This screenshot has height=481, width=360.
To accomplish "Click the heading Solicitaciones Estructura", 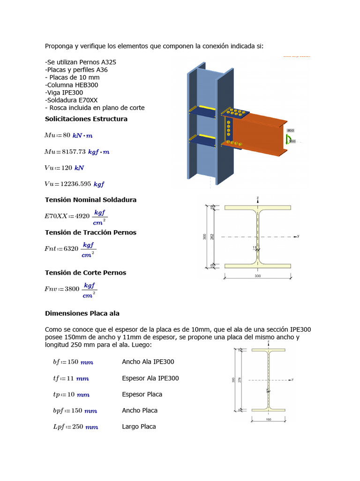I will [x=86, y=119].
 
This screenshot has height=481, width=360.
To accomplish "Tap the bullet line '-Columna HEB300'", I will [x=71, y=85].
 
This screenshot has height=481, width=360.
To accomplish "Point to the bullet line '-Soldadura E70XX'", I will [x=71, y=100].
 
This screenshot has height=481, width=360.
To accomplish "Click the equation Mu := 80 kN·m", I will [x=68, y=135].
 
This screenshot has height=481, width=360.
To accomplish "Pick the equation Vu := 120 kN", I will [x=64, y=168].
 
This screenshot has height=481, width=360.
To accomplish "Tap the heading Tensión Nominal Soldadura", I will [x=90, y=200].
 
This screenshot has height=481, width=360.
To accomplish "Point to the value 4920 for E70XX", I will [x=82, y=216].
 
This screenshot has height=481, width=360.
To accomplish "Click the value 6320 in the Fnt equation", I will [x=71, y=248].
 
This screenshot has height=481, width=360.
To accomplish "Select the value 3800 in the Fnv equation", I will [x=72, y=289].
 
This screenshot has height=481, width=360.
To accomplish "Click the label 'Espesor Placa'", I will [x=142, y=394].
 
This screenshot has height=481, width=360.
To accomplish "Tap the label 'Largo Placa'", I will [x=139, y=427].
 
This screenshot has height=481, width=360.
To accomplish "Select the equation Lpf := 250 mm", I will [x=75, y=427].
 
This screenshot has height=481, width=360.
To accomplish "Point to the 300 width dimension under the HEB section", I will [x=257, y=276].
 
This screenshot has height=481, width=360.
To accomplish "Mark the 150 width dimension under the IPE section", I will [x=269, y=419].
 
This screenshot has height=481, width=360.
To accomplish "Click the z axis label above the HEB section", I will [x=258, y=198].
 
